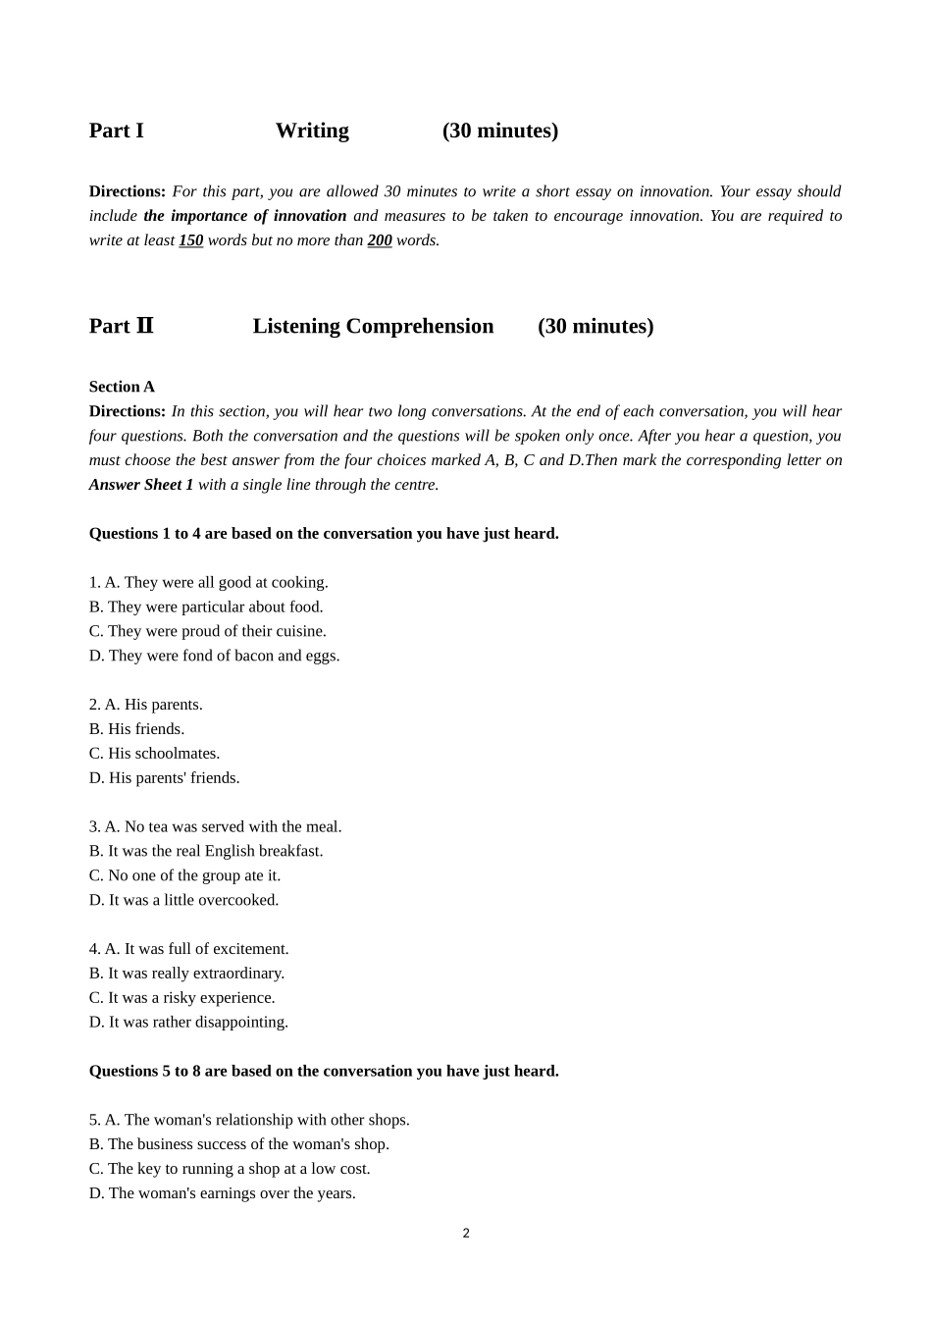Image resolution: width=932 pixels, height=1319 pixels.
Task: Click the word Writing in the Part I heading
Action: pos(312,131)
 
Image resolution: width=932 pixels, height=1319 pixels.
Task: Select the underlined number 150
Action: pos(190,240)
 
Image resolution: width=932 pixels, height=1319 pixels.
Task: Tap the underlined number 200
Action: pos(380,240)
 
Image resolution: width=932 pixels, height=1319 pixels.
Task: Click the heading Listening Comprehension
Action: pos(373,326)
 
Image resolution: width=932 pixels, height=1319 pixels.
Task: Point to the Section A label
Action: pos(122,387)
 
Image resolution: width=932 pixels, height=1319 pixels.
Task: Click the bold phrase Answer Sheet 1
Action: pos(141,485)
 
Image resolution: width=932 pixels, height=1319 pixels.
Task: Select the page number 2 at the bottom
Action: pos(466,1234)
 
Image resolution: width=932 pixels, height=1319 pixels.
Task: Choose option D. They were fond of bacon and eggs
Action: pos(214,656)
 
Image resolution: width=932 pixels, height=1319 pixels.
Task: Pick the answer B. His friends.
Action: pos(136,729)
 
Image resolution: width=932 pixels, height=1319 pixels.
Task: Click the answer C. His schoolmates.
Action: pos(154,754)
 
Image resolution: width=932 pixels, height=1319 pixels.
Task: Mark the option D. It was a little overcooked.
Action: pos(183,900)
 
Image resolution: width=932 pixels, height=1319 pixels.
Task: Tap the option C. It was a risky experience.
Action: pos(181,998)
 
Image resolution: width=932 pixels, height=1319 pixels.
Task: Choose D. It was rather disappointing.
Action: pos(188,1023)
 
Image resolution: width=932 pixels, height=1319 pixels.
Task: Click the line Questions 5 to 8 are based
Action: pos(324,1072)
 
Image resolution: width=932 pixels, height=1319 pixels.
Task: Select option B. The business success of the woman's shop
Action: pos(238,1144)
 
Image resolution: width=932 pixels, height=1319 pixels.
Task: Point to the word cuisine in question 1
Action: pos(300,632)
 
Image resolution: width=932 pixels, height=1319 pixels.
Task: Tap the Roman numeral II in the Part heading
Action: pos(144,326)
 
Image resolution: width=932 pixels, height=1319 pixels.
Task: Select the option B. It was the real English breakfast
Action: pos(206,852)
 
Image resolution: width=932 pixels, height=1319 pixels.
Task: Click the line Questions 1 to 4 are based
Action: pos(324,534)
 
